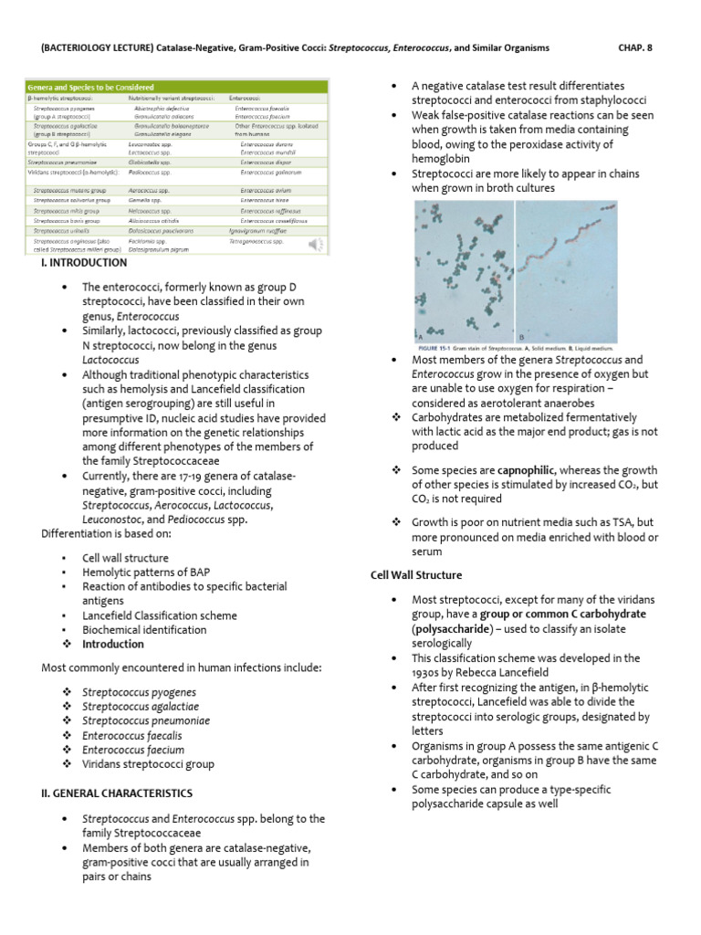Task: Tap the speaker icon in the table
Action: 316,244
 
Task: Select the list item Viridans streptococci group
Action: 149,763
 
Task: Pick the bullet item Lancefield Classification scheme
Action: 160,615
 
